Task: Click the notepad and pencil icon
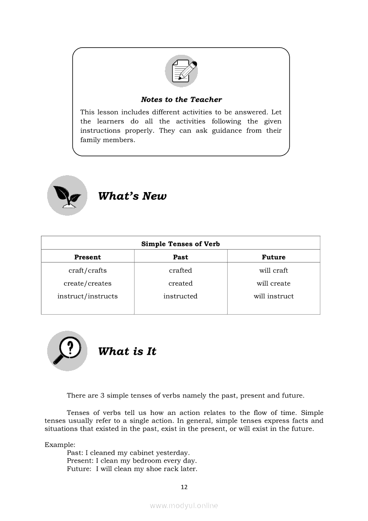181,71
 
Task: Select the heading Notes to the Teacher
181,99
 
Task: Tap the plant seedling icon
67,195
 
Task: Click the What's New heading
132,196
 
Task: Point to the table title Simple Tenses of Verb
180,244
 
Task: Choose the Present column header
87,257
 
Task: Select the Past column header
180,257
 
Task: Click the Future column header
274,257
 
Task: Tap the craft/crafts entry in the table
87,271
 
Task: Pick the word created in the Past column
180,283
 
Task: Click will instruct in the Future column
274,296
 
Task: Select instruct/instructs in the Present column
87,296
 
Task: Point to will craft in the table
274,271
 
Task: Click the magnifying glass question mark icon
67,350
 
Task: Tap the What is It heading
127,351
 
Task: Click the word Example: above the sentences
60,445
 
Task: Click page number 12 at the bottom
184,487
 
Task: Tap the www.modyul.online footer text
184,505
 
